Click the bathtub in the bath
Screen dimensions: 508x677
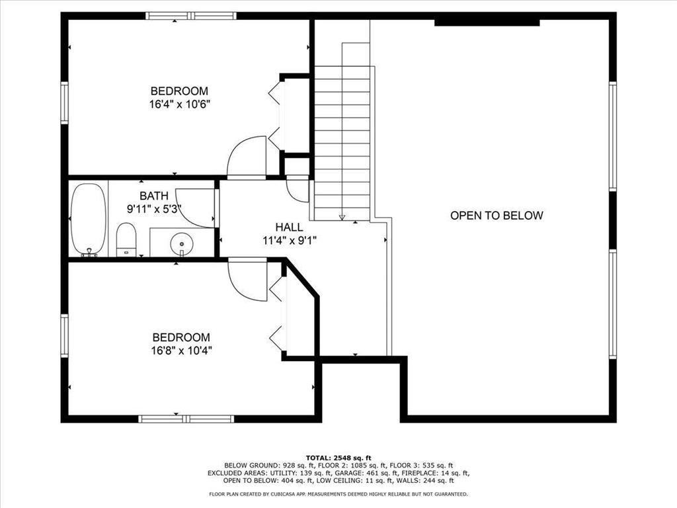coord(88,218)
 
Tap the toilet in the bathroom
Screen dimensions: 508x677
coord(126,239)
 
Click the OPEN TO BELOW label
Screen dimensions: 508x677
coord(497,216)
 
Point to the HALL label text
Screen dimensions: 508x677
coord(290,227)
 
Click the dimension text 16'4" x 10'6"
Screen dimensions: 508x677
coord(179,104)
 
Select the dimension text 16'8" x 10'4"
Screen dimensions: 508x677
coord(181,350)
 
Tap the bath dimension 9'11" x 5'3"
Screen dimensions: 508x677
coord(154,208)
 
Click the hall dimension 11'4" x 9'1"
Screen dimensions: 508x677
coord(290,240)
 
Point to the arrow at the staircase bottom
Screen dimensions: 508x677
coord(342,216)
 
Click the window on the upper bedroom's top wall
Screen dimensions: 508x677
coord(190,16)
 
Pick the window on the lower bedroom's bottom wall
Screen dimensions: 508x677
coord(186,419)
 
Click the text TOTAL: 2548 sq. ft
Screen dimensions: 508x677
coord(338,458)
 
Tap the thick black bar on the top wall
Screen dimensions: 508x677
coord(487,22)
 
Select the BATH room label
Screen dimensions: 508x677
coord(153,196)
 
